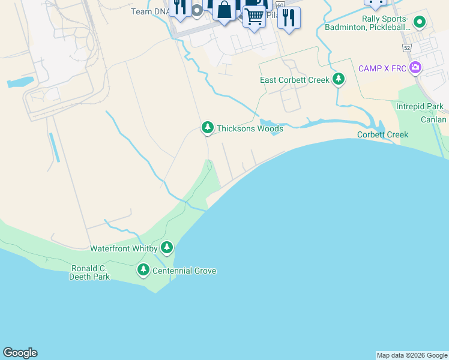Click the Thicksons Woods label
click(x=249, y=128)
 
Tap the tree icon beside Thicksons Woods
click(x=207, y=127)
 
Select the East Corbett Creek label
click(x=294, y=80)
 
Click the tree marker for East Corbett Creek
click(x=339, y=79)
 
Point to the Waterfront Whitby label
click(x=124, y=248)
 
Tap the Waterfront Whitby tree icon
click(x=167, y=247)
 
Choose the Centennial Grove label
click(x=184, y=271)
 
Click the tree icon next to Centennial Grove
click(x=143, y=270)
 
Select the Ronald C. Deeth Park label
click(x=89, y=272)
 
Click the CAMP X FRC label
click(x=382, y=68)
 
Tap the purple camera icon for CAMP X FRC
click(x=415, y=67)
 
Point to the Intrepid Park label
click(x=420, y=107)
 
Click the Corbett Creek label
click(x=382, y=134)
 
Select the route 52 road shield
click(x=407, y=47)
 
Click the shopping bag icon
click(x=224, y=10)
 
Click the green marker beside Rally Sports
click(x=420, y=23)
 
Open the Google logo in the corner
click(x=20, y=353)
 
